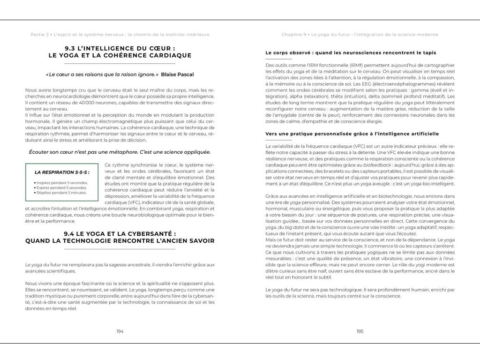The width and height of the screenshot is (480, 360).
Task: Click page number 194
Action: click(x=120, y=331)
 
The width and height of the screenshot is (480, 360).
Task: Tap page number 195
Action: click(x=360, y=331)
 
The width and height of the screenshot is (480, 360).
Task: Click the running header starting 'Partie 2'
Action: click(x=120, y=35)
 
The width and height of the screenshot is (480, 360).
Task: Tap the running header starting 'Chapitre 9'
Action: click(x=360, y=35)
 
